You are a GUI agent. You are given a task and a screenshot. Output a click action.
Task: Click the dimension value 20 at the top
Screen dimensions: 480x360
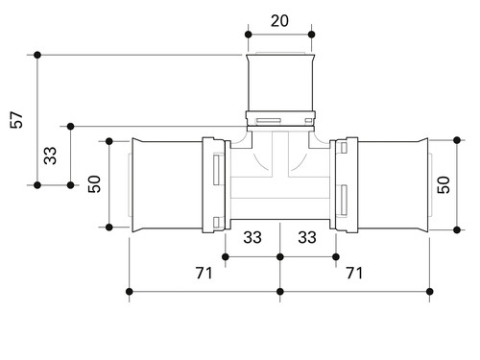(279, 21)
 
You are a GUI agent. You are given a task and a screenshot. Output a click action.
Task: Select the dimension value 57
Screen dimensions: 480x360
(16, 120)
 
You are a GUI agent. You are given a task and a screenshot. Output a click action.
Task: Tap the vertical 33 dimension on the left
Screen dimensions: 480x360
(50, 156)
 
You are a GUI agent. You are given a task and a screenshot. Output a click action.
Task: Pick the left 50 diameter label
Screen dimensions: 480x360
(94, 184)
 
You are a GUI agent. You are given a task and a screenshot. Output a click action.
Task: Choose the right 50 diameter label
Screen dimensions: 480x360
(444, 185)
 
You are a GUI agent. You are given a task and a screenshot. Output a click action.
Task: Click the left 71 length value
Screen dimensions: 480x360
(204, 273)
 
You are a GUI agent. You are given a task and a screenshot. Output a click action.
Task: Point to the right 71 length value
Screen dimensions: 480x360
(354, 273)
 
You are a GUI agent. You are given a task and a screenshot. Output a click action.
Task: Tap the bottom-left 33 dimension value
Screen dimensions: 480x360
(252, 237)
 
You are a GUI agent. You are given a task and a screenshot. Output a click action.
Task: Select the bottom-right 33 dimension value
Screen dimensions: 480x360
(307, 237)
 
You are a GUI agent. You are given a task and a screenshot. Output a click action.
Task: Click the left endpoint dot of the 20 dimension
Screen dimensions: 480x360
(249, 35)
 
